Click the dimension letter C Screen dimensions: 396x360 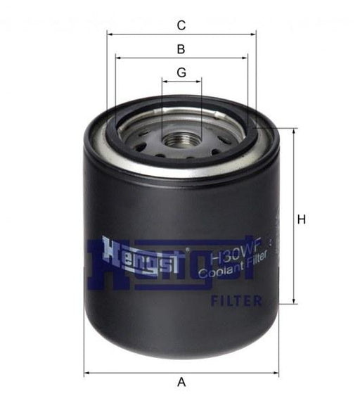tap(181, 26)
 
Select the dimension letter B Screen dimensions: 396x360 tap(181, 49)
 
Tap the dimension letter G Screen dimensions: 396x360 tap(181, 72)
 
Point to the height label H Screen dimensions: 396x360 tap(302, 219)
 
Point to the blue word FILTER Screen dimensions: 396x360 tap(236, 301)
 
